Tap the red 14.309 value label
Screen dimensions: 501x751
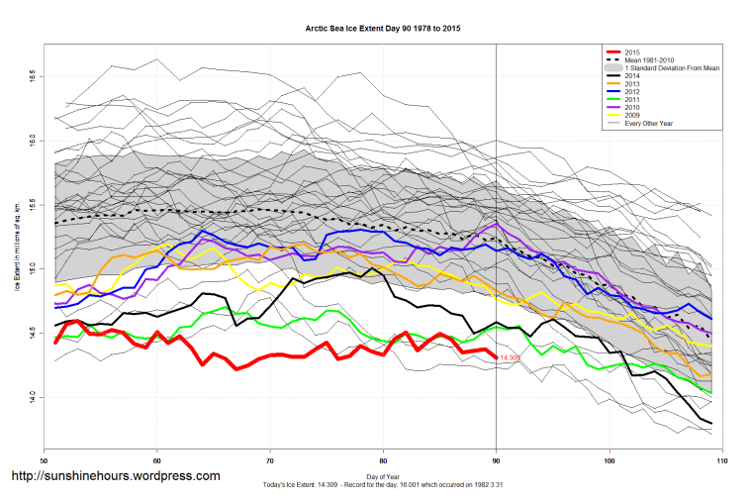tap(511, 357)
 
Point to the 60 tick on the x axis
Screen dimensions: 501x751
tap(156, 460)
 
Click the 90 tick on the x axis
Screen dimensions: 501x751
tap(496, 460)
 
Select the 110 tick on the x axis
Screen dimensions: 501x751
tap(721, 460)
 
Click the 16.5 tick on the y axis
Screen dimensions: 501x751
tap(32, 75)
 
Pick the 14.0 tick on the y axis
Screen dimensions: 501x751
tap(32, 396)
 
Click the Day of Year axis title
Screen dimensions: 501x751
tap(383, 476)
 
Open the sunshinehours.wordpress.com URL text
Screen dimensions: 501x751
tap(115, 476)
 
